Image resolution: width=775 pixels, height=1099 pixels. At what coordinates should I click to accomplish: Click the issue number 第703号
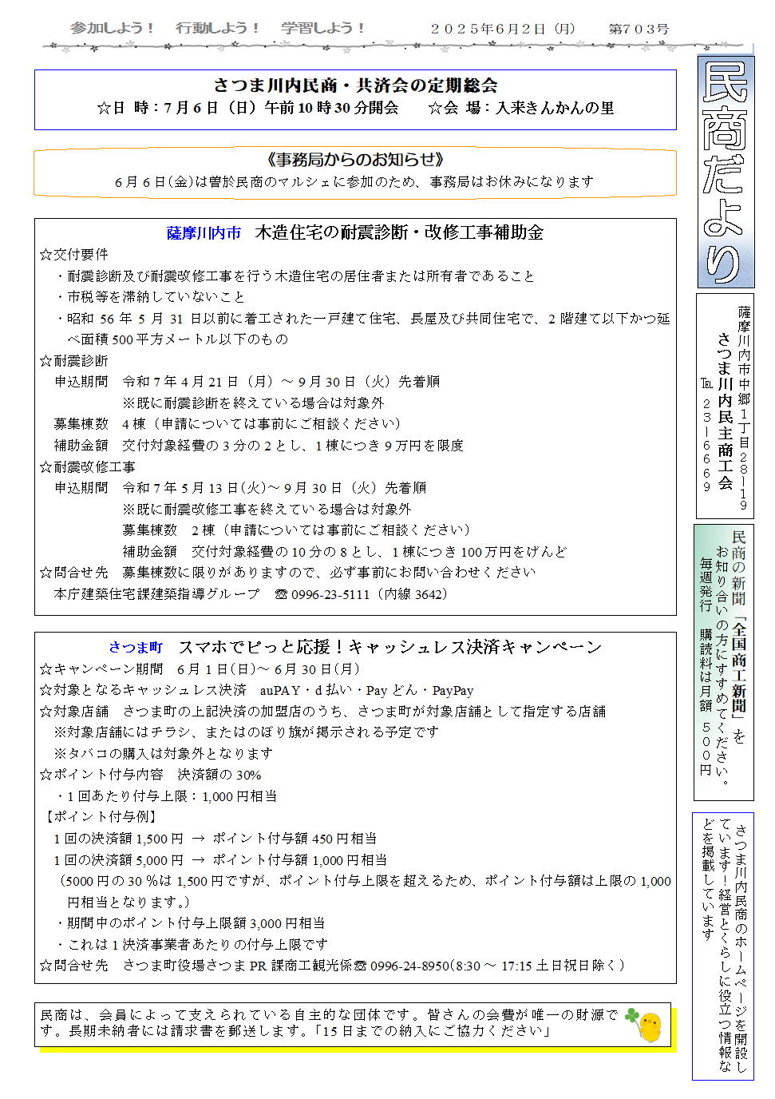point(639,29)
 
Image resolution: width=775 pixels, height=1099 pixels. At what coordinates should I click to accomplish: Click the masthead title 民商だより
point(726,172)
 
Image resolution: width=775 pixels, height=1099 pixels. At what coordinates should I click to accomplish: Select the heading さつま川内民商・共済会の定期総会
point(355,85)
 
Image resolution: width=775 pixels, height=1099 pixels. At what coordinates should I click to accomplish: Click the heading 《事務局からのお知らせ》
point(355,160)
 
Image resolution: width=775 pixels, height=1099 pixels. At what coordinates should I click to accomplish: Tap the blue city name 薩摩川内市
point(204,233)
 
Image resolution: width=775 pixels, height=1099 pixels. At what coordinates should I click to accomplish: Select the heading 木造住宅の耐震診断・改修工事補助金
point(399,232)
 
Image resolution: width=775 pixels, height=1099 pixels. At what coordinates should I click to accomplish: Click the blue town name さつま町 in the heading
point(136,648)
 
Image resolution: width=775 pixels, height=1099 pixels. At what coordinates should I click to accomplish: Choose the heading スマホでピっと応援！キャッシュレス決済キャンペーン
point(389,647)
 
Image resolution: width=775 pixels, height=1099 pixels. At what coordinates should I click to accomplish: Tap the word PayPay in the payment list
point(453,691)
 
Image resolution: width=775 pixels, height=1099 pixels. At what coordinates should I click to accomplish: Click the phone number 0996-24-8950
point(409,966)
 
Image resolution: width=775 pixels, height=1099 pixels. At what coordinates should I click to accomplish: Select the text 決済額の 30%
point(219,775)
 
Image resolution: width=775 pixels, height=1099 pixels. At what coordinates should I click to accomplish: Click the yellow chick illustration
point(651,1026)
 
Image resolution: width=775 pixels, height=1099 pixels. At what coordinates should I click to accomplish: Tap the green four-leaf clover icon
point(632,1016)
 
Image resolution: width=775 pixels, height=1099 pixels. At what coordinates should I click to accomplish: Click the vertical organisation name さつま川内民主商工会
point(725,411)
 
